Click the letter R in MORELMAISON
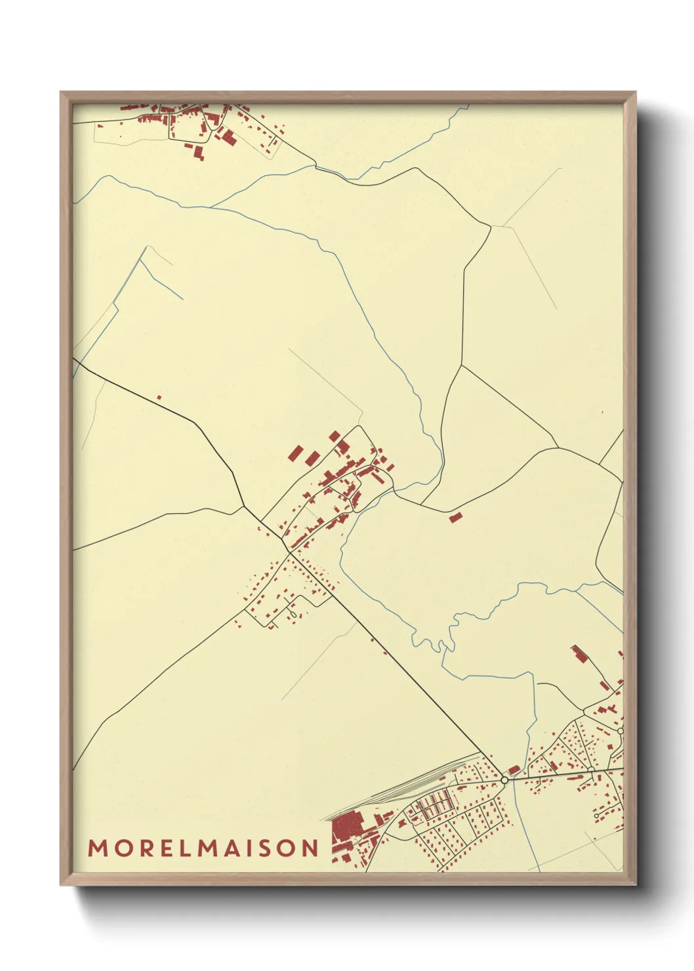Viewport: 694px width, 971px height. pyautogui.click(x=144, y=848)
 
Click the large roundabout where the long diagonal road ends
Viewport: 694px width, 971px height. pyautogui.click(x=504, y=780)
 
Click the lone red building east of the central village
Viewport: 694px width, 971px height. pyautogui.click(x=455, y=518)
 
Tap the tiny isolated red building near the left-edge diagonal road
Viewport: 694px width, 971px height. pyautogui.click(x=159, y=397)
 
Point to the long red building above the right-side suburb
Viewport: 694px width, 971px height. pyautogui.click(x=579, y=654)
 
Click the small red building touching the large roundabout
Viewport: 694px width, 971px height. pyautogui.click(x=514, y=770)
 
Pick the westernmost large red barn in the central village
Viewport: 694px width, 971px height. pyautogui.click(x=296, y=453)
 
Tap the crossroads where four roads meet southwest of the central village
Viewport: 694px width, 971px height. pyautogui.click(x=289, y=552)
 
